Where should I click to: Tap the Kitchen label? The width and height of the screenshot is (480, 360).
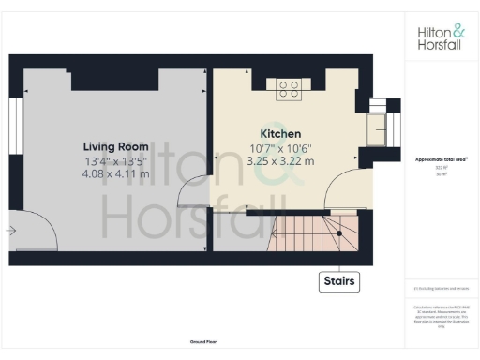click(279, 134)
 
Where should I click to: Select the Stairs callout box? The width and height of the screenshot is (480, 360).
click(340, 281)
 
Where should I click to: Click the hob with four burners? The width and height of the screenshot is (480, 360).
click(289, 90)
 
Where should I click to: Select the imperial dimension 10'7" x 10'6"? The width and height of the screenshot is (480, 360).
click(279, 147)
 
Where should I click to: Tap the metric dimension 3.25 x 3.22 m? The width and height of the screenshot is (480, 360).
click(279, 160)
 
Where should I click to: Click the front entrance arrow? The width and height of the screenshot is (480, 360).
click(11, 230)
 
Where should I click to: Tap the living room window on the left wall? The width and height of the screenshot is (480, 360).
click(14, 131)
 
